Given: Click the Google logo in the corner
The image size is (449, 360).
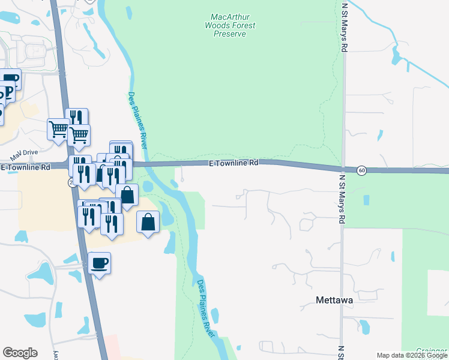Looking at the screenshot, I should (x=20, y=353).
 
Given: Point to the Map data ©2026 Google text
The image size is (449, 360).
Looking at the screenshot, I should (x=412, y=355).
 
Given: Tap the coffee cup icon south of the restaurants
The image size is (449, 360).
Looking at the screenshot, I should (x=100, y=263).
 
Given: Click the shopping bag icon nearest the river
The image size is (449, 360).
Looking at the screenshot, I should (x=148, y=223).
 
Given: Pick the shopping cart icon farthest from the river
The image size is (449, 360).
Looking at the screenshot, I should (x=58, y=129).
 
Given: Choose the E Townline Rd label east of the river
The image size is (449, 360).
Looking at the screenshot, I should (x=234, y=163).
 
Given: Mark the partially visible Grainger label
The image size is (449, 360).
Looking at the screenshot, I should (x=434, y=349).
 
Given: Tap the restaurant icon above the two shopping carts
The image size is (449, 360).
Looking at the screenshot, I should (x=77, y=118).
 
